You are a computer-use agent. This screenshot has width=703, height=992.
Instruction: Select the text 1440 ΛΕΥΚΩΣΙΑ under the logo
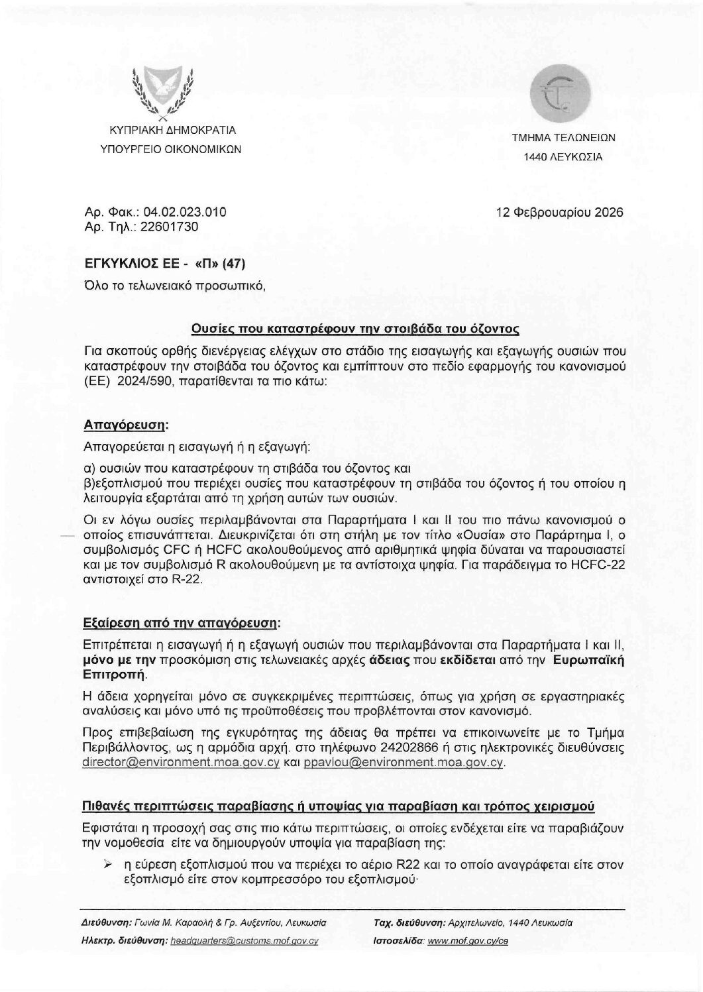563,158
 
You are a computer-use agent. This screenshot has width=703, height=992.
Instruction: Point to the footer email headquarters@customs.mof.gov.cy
244,941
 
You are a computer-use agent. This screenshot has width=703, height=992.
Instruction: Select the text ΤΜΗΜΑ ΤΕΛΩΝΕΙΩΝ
563,138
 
